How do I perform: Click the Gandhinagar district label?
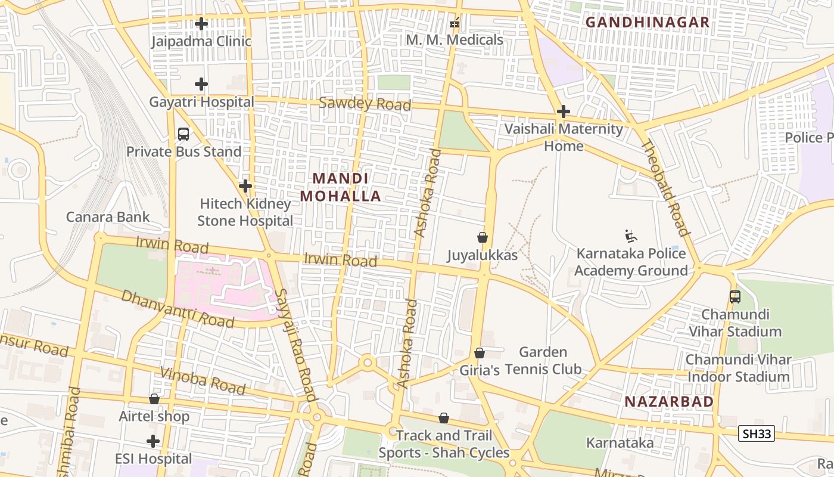click(648, 23)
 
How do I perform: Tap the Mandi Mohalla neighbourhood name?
click(340, 187)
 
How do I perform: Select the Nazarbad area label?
click(669, 401)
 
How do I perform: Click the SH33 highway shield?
click(757, 433)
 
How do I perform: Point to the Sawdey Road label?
click(365, 104)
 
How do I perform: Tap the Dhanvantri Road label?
click(178, 308)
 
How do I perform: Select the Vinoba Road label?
click(203, 381)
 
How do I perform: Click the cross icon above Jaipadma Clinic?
click(201, 24)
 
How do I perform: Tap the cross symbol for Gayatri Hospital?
click(201, 84)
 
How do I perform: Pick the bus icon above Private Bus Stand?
click(183, 134)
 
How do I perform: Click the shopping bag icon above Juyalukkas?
click(483, 237)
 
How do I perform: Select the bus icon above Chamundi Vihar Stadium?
click(735, 296)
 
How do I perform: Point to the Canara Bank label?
click(108, 216)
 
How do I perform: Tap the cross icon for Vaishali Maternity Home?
click(563, 111)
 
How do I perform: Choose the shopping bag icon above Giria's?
click(480, 353)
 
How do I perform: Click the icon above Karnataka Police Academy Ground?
click(631, 236)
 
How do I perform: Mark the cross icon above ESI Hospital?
click(153, 441)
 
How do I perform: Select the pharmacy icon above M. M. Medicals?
click(455, 24)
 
